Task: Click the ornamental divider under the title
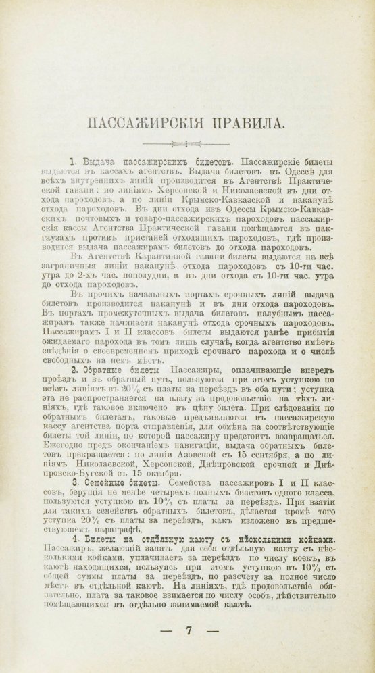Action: [186, 143]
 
